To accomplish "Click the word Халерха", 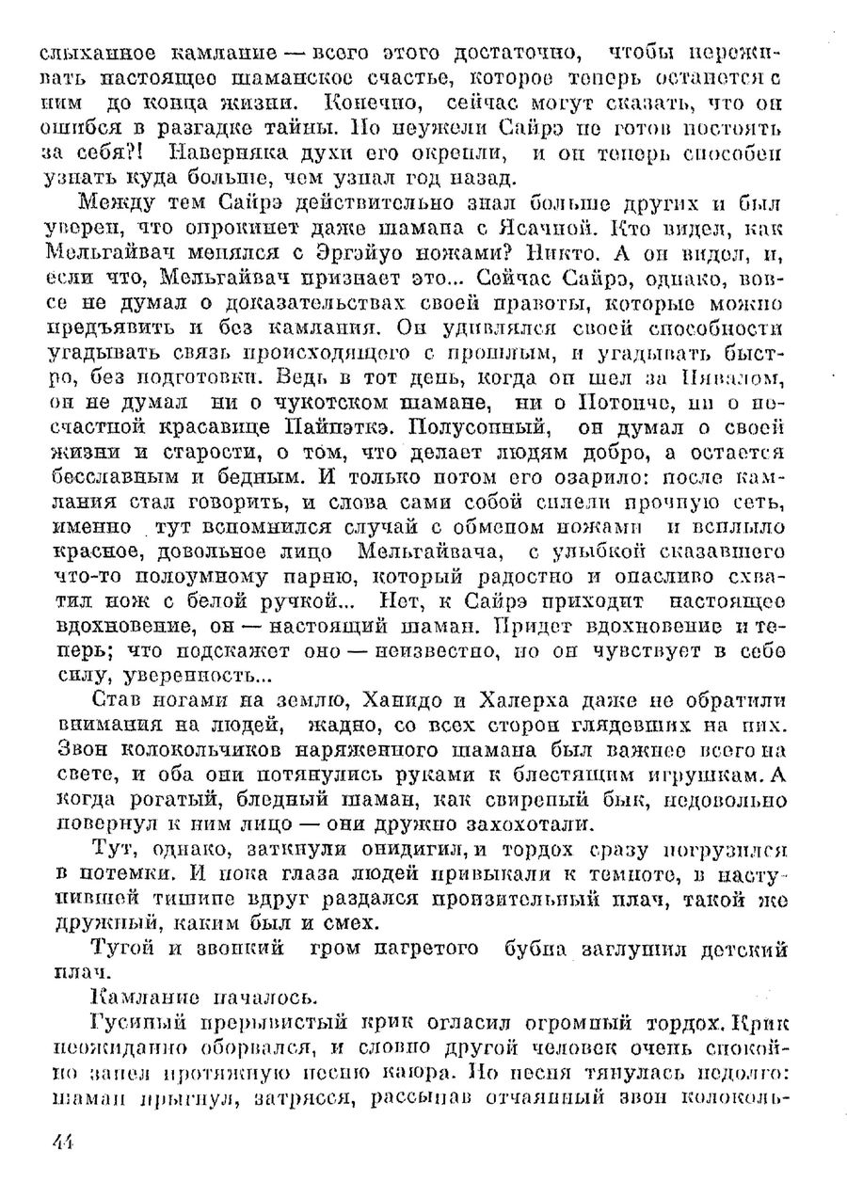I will pos(468,700).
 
